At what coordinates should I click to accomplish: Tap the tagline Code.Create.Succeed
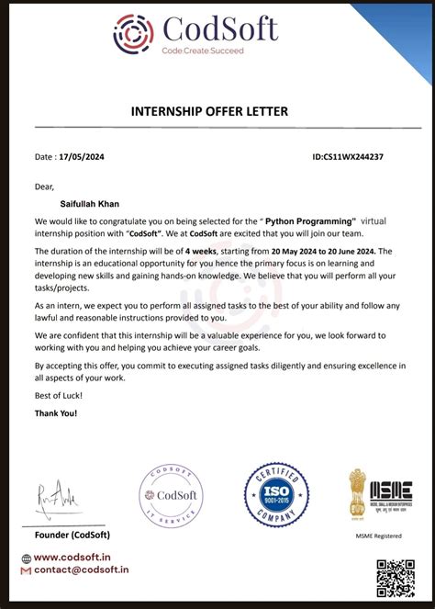click(x=203, y=51)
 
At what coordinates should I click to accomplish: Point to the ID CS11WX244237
click(x=348, y=157)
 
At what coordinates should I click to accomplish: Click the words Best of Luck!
click(x=59, y=395)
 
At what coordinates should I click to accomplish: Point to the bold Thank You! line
click(x=56, y=413)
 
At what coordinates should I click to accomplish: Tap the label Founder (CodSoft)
click(x=72, y=535)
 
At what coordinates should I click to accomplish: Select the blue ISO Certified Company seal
click(x=275, y=495)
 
